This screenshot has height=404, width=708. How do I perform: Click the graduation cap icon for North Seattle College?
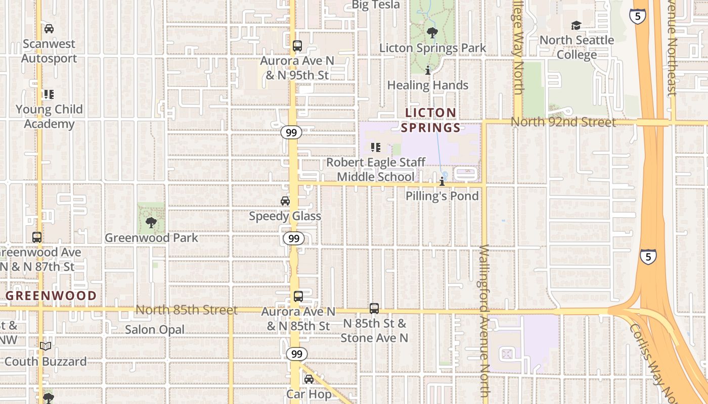576,26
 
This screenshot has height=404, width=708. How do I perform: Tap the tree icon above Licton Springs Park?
432,33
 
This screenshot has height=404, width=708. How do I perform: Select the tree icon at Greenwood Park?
151,223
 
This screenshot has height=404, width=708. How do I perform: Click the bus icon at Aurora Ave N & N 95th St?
297,46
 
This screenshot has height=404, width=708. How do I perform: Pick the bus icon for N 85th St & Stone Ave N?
374,308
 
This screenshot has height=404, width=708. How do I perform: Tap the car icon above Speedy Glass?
285,201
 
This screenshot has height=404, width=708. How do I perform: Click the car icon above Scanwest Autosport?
49,29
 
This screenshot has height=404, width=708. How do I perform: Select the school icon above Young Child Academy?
49,94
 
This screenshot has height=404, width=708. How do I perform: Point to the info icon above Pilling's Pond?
442,181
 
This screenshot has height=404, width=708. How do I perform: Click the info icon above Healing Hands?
428,71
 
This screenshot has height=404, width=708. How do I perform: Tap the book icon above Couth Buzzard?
46,346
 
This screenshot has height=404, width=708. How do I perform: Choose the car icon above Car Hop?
309,379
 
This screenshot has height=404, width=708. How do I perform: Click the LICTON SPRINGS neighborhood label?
430,120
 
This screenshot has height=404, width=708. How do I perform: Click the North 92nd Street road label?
563,122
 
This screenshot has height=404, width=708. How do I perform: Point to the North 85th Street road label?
186,310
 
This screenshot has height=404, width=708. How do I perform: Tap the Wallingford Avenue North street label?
484,321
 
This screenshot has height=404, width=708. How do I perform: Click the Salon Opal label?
155,330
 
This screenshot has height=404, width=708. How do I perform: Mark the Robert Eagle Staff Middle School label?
376,169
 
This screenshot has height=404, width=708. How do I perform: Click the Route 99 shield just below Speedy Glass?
293,238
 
